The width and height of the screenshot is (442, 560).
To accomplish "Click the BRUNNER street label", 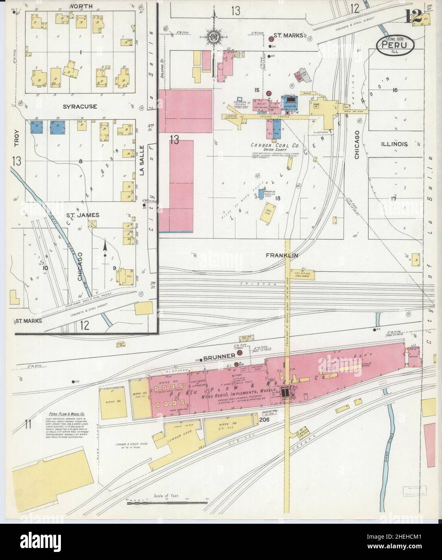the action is pos(219,357).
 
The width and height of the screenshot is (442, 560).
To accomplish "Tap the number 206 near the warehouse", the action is pos(264,420).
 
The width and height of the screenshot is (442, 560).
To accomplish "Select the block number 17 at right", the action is pos(394,198).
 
